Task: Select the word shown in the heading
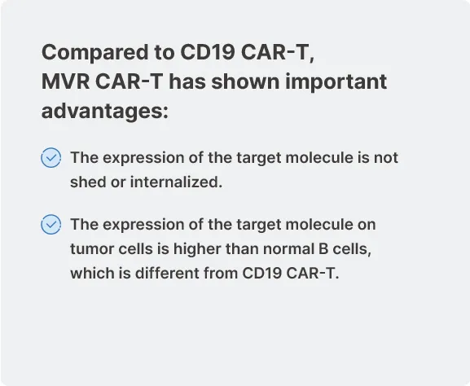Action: click(245, 81)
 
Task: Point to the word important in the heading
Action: click(336, 81)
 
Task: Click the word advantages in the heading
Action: click(105, 112)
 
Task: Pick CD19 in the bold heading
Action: click(208, 52)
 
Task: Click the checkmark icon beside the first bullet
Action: click(51, 157)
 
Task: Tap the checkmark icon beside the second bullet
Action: click(51, 224)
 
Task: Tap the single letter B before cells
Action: click(323, 248)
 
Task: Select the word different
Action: click(167, 273)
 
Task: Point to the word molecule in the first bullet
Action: click(319, 157)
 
